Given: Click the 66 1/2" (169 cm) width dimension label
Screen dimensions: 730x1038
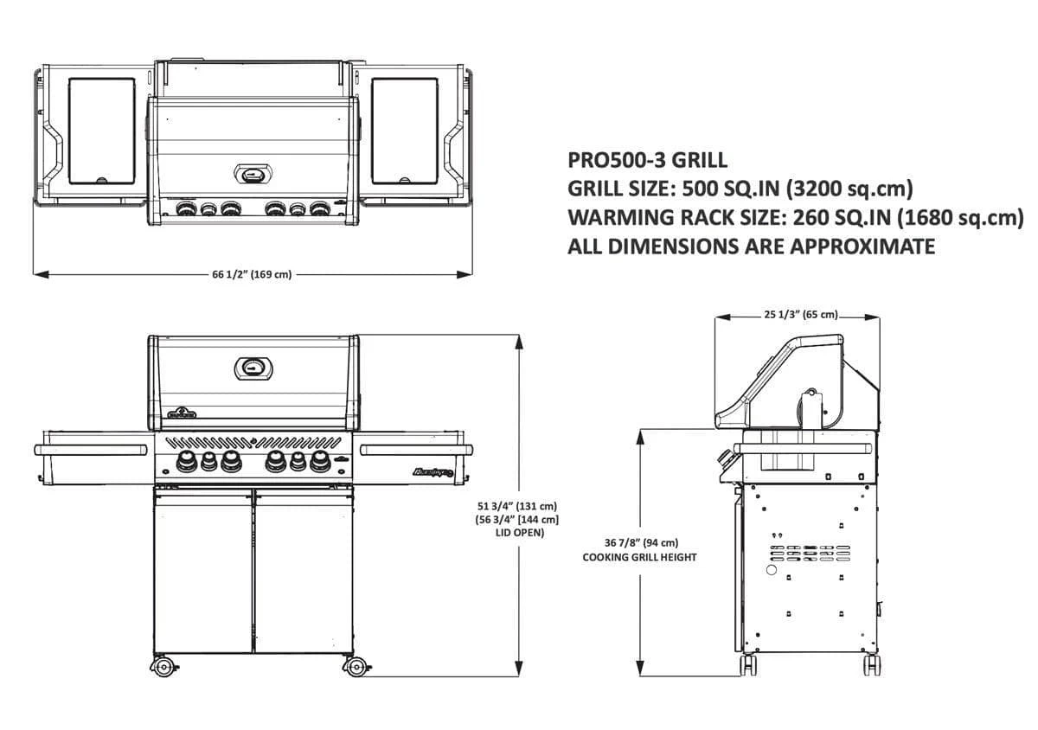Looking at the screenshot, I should pos(252,275).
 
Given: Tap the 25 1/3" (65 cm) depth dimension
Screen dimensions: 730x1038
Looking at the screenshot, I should pos(801,315).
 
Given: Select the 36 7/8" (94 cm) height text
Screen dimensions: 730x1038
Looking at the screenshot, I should pos(641,542).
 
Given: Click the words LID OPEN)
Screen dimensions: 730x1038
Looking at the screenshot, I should pos(517,533).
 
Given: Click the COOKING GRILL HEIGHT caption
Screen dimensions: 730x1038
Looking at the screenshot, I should pos(640,557).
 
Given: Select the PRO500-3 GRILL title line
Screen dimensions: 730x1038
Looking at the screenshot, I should pos(647,160).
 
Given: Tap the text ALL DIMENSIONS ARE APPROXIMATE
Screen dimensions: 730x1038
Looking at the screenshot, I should pos(751,247).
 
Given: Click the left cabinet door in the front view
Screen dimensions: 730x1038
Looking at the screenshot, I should pos(202,571).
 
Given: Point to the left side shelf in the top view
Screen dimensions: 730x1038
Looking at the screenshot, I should pos(101,131).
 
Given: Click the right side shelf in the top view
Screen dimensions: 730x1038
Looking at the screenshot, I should pos(405,131).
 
